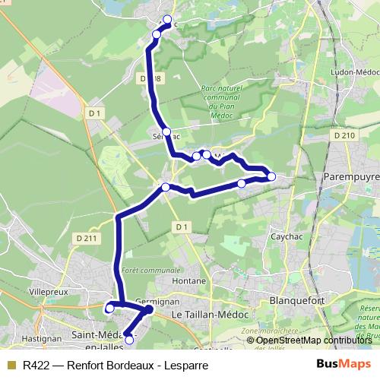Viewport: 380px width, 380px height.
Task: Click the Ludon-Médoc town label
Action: pyautogui.click(x=350, y=73)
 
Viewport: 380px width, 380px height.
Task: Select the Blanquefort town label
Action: pyautogui.click(x=297, y=301)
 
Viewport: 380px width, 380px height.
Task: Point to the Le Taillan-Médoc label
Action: pyautogui.click(x=206, y=313)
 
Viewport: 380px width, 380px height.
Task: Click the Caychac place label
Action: pyautogui.click(x=288, y=236)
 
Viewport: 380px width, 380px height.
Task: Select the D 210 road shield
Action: pyautogui.click(x=344, y=135)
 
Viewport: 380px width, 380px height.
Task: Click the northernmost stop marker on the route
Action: pyautogui.click(x=167, y=20)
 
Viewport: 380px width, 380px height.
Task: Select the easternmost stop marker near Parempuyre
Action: pyautogui.click(x=271, y=176)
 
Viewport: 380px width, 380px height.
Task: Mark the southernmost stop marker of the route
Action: pyautogui.click(x=128, y=339)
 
